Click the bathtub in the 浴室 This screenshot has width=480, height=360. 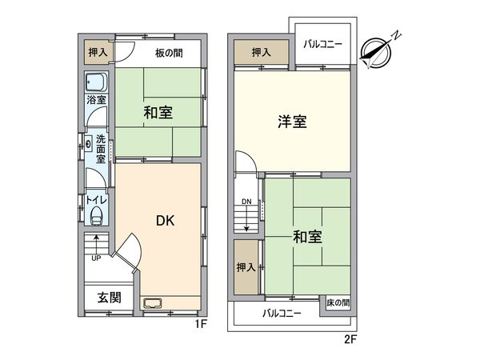click(x=97, y=82)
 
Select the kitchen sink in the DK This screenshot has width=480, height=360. click(x=153, y=303)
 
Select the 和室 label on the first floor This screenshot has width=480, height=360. click(x=158, y=113)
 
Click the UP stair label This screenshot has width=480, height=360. click(x=95, y=258)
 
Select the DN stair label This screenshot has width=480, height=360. click(x=246, y=202)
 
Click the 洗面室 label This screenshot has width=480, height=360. click(x=101, y=148)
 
